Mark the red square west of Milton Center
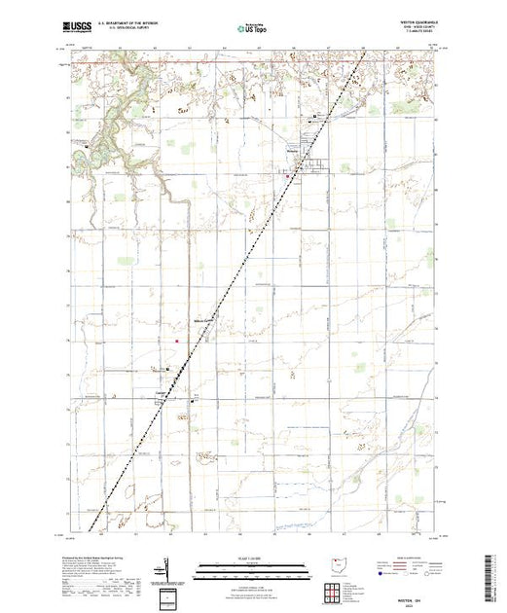[176, 340]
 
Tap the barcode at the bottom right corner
[494, 574]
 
